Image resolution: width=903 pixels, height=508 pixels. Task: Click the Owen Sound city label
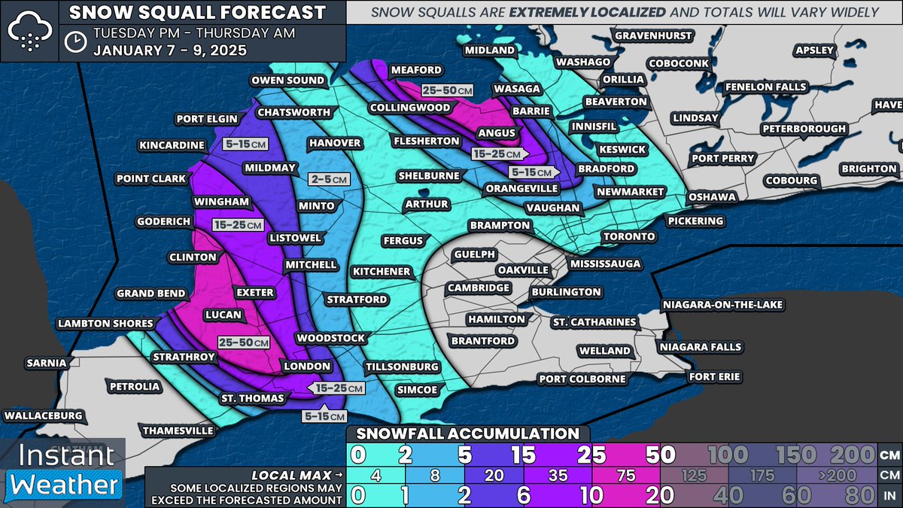pos(288,81)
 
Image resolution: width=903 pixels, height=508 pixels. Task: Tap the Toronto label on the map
pos(629,236)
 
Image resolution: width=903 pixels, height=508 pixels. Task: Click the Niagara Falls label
pos(700,347)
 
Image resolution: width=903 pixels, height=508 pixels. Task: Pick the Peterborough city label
pos(804,129)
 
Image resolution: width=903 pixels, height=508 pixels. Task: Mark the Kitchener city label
pos(382,271)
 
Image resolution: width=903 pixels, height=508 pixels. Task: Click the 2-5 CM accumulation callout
pos(329,179)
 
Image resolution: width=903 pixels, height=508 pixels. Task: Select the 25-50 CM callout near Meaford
pos(446,90)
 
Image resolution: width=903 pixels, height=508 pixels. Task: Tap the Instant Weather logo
pos(63,470)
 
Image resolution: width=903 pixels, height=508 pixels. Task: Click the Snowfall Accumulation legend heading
pos(467,433)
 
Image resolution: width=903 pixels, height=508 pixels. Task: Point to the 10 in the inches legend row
pos(585,496)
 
